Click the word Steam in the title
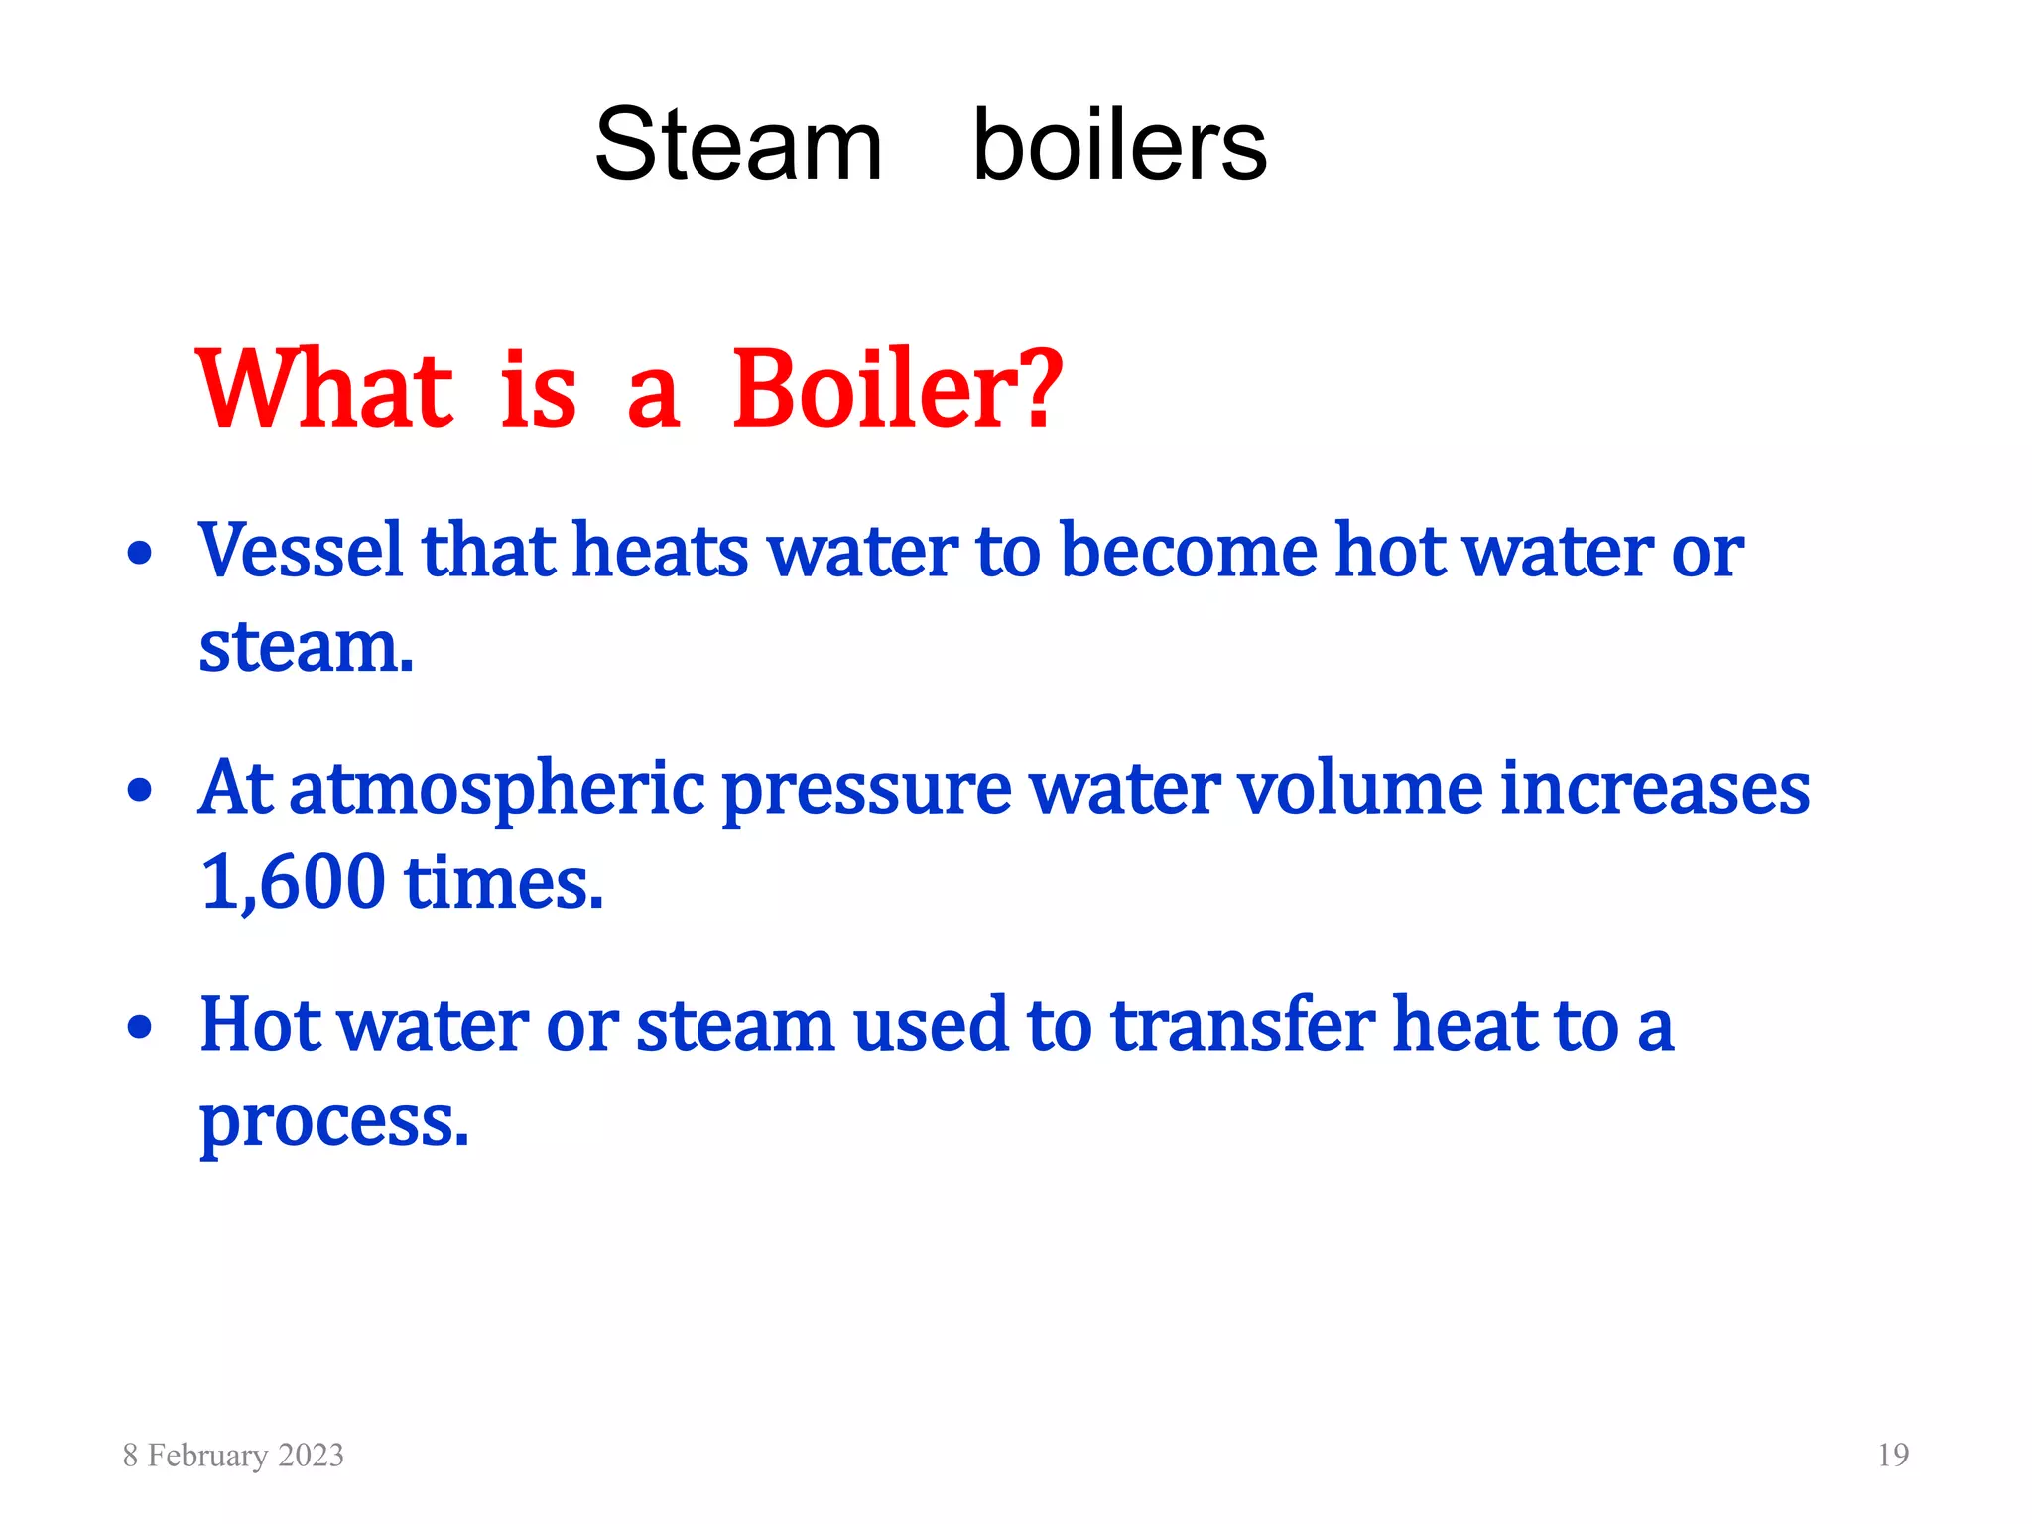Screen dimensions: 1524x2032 click(738, 146)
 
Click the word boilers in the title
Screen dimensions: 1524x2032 click(1119, 146)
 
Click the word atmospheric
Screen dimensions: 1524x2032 click(496, 790)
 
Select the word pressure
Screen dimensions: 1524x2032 click(866, 790)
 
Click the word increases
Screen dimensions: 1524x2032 click(1655, 788)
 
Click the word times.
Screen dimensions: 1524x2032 click(504, 882)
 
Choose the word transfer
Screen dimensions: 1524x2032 click(1242, 1025)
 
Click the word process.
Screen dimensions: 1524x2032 click(333, 1121)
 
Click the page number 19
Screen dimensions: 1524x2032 click(1893, 1455)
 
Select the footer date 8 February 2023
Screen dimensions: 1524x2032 click(233, 1455)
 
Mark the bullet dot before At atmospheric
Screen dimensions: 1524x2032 click(140, 791)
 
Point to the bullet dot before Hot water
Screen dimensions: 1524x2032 click(140, 1027)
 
